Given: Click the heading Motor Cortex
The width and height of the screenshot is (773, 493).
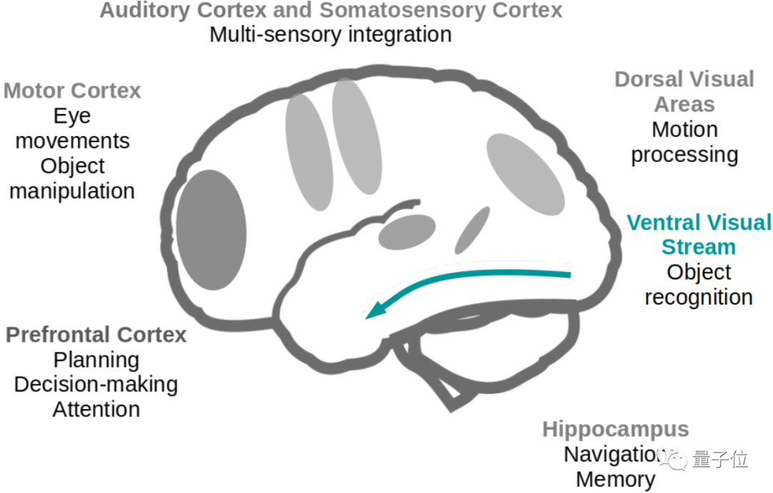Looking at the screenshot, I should click(72, 91).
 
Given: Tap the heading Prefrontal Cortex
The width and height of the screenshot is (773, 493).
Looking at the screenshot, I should click(96, 335).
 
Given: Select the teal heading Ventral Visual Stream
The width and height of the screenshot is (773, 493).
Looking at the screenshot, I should click(699, 234).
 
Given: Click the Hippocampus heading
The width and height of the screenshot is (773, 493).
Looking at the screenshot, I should click(616, 429).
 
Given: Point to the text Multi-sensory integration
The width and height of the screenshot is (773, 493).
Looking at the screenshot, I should click(330, 34).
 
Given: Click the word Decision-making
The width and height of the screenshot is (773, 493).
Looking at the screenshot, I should click(96, 384).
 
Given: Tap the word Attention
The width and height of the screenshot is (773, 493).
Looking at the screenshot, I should click(96, 409).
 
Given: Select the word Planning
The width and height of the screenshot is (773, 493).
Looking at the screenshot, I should click(96, 359).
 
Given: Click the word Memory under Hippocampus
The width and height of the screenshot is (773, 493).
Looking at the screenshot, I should click(616, 479).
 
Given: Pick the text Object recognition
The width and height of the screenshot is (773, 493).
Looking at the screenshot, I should click(699, 284).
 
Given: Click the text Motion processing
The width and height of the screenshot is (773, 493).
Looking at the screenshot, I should click(684, 142).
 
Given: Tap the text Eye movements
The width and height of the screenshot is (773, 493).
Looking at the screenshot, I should click(72, 128).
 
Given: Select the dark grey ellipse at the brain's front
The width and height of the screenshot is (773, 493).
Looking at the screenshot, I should click(211, 230).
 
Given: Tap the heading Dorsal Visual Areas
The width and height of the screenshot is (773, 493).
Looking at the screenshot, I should click(684, 91).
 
